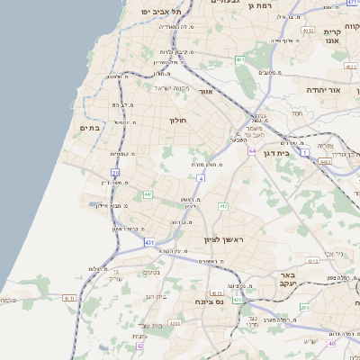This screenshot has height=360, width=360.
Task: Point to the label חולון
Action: coord(176,119)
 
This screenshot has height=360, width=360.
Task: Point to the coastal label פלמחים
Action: coord(8,301)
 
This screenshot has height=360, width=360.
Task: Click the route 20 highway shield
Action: coord(115,171)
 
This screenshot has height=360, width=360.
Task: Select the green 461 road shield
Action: coord(240,59)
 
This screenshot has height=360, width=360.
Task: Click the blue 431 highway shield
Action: coord(148,242)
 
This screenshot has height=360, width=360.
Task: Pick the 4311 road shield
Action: coord(69,298)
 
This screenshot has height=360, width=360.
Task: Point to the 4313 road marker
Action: coord(238,299)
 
